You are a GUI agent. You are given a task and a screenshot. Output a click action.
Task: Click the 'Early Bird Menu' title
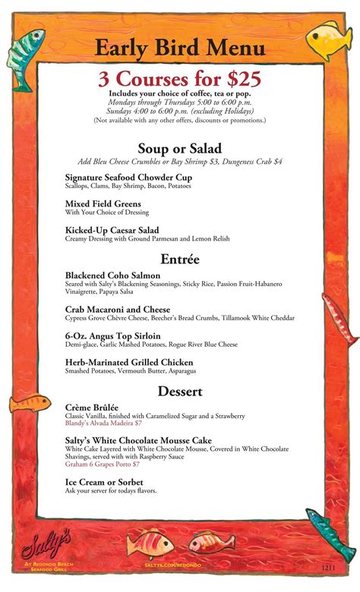180,49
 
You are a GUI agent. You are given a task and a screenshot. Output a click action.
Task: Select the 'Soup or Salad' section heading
179,149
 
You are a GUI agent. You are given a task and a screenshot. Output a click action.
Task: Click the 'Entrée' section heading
180,259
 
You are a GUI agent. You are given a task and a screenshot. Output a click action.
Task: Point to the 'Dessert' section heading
180,392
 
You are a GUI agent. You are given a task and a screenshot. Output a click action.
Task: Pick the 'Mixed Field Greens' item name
103,204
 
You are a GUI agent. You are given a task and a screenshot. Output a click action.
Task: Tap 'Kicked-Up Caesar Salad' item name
112,230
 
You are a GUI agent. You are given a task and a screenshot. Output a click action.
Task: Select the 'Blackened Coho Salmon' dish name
112,275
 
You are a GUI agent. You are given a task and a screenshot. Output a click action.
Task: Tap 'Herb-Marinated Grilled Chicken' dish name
129,362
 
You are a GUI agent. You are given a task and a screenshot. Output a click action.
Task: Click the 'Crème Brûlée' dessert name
92,408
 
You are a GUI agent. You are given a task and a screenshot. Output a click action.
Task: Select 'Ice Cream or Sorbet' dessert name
104,482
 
